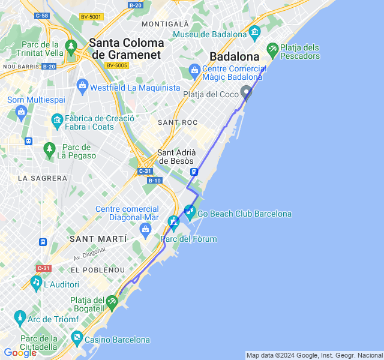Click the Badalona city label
click(x=234, y=56)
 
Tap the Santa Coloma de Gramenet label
click(x=127, y=49)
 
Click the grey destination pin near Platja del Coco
click(x=246, y=92)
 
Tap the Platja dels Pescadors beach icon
click(x=272, y=48)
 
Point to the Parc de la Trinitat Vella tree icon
click(x=71, y=46)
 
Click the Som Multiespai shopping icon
click(x=22, y=112)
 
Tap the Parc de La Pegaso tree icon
click(x=50, y=148)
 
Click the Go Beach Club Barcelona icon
click(x=190, y=211)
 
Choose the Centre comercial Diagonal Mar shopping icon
click(x=145, y=229)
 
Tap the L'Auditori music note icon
click(x=36, y=281)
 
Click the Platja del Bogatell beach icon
click(x=113, y=301)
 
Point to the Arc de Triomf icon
click(x=20, y=316)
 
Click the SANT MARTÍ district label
click(x=98, y=239)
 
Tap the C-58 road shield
click(x=41, y=16)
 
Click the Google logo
click(x=19, y=353)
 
